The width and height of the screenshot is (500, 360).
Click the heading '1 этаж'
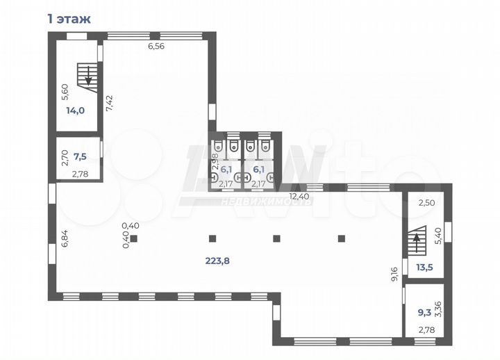(69, 19)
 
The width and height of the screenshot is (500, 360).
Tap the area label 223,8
(217, 261)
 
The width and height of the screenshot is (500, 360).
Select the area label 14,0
(75, 111)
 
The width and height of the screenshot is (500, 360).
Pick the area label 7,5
(80, 156)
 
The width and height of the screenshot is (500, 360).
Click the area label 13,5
(425, 267)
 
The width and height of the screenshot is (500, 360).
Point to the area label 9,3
(424, 313)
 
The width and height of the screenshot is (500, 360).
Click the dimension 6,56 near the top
(156, 47)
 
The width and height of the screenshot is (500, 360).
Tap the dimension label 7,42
(110, 103)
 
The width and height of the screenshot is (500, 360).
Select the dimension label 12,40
(300, 196)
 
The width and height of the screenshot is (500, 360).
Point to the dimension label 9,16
(394, 274)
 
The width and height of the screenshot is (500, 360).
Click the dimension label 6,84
(65, 238)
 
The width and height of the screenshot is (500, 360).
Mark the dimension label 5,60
(65, 92)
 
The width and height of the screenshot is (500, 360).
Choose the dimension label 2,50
(426, 203)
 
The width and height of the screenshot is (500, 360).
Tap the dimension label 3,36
(438, 309)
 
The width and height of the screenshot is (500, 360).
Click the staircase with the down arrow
(87, 78)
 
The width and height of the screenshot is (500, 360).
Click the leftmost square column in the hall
(133, 238)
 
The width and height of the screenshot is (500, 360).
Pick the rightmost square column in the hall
(342, 238)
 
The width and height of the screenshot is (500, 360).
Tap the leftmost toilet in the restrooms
(218, 146)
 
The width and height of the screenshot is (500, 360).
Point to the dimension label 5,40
(438, 236)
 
